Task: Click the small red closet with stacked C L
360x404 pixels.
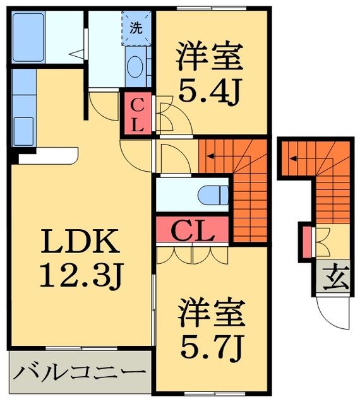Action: (x=137, y=114)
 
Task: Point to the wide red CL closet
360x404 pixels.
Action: (x=192, y=231)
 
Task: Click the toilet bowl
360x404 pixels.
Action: (x=211, y=194)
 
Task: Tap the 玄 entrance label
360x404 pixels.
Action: (x=338, y=276)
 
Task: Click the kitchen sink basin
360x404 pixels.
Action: (x=23, y=124)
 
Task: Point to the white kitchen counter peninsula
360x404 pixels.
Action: (x=47, y=155)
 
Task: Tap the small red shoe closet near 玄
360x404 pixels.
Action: (x=307, y=241)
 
